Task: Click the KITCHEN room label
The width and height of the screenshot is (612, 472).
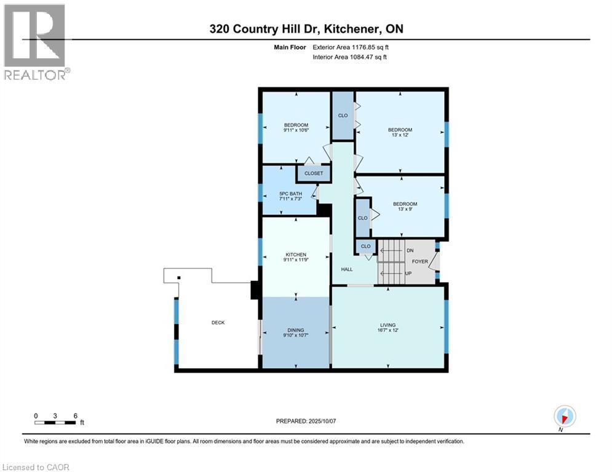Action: point(295,254)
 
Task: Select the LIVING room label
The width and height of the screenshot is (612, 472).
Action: point(387,325)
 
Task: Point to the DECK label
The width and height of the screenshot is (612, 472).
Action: point(218,323)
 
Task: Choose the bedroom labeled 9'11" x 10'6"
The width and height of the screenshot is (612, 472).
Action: point(296,125)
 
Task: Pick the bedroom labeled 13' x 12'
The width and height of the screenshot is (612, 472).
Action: point(400,130)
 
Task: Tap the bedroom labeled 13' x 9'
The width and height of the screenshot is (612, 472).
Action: point(405,204)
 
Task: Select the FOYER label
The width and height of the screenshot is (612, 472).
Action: point(420,261)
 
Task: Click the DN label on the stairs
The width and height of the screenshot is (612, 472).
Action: point(410,251)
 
